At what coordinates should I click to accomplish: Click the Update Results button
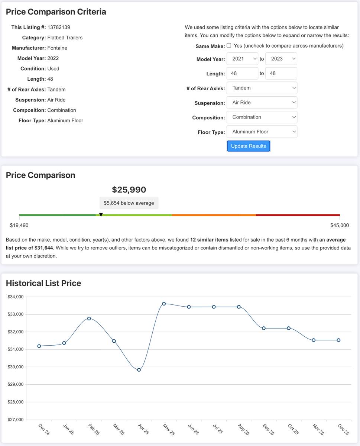pyautogui.click(x=249, y=146)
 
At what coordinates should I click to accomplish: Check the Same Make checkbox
pyautogui.click(x=229, y=45)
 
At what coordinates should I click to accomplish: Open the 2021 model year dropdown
pyautogui.click(x=242, y=59)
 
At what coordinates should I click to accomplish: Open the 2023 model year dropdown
pyautogui.click(x=281, y=59)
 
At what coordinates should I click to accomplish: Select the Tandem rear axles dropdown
pyautogui.click(x=262, y=88)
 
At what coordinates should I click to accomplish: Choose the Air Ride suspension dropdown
pyautogui.click(x=262, y=103)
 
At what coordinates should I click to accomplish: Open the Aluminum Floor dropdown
pyautogui.click(x=262, y=132)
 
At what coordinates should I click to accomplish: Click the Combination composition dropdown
pyautogui.click(x=262, y=117)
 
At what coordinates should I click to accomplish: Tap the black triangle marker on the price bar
pyautogui.click(x=101, y=214)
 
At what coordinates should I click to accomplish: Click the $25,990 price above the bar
pyautogui.click(x=129, y=190)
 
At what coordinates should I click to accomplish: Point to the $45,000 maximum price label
pyautogui.click(x=340, y=225)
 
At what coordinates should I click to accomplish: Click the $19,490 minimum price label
pyautogui.click(x=19, y=225)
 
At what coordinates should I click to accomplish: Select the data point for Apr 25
pyautogui.click(x=139, y=370)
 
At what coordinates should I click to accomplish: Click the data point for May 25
pyautogui.click(x=164, y=304)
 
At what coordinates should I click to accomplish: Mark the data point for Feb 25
pyautogui.click(x=89, y=319)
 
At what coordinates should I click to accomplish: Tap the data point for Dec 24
pyautogui.click(x=39, y=346)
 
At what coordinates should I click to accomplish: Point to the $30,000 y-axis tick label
pyautogui.click(x=16, y=367)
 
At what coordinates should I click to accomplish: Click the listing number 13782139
pyautogui.click(x=59, y=27)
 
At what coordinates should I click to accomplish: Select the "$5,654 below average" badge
pyautogui.click(x=129, y=203)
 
